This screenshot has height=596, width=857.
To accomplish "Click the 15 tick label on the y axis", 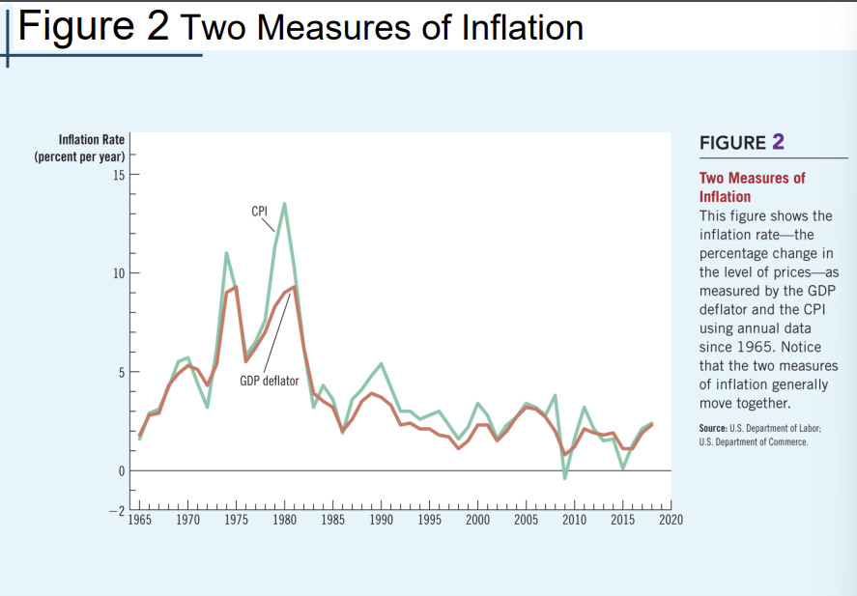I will [119, 175].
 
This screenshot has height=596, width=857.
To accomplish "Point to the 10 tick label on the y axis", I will [119, 273].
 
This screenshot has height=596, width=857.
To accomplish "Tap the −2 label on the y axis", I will [116, 509].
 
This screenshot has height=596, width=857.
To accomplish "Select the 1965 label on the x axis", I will [140, 521].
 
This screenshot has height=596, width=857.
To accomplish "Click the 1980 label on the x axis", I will [285, 521].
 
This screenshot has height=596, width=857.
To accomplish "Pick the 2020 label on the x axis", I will [671, 521].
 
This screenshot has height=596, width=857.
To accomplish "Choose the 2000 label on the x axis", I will [477, 521].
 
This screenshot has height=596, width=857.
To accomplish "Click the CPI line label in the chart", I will [259, 212].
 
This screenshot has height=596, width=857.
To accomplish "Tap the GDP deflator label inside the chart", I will [270, 381].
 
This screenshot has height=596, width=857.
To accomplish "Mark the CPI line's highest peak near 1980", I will [284, 204].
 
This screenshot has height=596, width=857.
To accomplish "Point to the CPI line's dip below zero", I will [565, 477].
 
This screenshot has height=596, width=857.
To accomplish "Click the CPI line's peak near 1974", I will [226, 253].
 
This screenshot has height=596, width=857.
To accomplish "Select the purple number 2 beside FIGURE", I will [778, 142].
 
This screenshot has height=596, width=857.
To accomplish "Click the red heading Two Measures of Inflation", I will [752, 186].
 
